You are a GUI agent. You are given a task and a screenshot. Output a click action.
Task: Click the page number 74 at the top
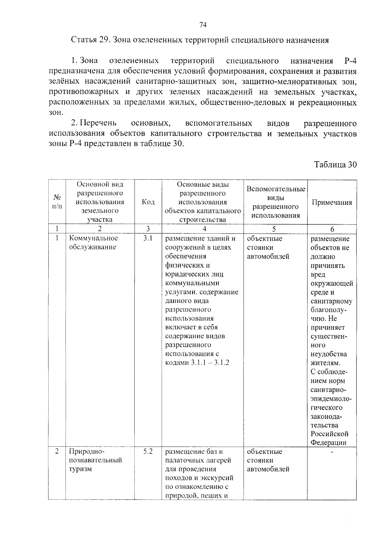pyautogui.click(x=203, y=25)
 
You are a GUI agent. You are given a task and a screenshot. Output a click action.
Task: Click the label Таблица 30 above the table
pyautogui.click(x=335, y=164)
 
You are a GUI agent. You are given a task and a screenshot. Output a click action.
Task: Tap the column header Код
pyautogui.click(x=148, y=202)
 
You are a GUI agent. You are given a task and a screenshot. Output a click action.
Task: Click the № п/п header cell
pyautogui.click(x=57, y=202)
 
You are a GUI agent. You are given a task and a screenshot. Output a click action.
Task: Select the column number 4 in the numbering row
pyautogui.click(x=204, y=229)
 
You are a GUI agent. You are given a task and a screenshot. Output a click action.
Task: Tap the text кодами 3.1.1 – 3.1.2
pyautogui.click(x=197, y=363)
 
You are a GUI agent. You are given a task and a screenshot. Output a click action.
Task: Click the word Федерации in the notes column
pyautogui.click(x=328, y=442)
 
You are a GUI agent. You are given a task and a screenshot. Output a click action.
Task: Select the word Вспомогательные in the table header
pyautogui.click(x=276, y=189)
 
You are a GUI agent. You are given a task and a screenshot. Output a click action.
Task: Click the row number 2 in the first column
pyautogui.click(x=57, y=451)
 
